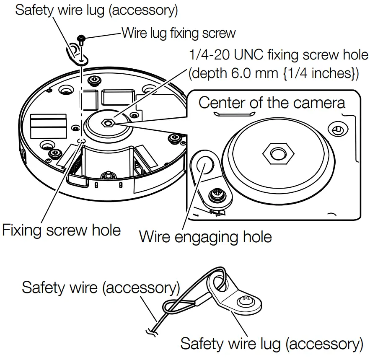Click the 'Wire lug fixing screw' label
[x=179, y=32]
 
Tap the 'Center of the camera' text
[x=272, y=103]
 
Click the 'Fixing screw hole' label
[x=61, y=230]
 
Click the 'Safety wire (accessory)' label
[x=101, y=287]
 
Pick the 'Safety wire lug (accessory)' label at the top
[x=96, y=10]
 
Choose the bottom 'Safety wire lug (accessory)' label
[x=272, y=344]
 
